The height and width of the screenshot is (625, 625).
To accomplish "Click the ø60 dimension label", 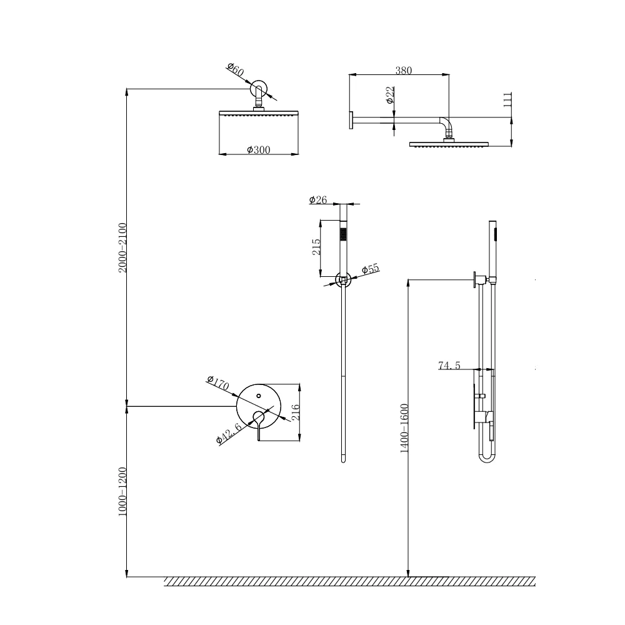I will coord(235,70).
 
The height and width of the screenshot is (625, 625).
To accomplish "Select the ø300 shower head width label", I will coord(258,150).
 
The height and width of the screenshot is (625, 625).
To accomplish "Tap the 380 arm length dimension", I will coord(404,71).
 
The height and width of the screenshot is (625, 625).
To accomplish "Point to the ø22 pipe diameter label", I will coord(389,95).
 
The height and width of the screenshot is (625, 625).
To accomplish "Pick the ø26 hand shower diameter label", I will coord(318,200).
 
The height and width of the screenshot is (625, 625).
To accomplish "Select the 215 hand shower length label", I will coord(316,247).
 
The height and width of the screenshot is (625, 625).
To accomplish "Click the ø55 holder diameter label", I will coord(371,269).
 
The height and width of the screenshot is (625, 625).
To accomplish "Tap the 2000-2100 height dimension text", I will coord(122,247).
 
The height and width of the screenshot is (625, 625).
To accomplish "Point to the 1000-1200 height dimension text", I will coord(122,491).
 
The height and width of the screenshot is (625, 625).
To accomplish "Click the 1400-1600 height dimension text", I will coord(404,428).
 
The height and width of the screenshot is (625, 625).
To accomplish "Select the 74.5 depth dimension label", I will coord(449,366).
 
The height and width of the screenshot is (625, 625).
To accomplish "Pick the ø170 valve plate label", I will coord(218,383).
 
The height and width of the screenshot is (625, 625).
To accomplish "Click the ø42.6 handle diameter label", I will coord(229,432).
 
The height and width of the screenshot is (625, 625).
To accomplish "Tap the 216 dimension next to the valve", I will coord(296,412).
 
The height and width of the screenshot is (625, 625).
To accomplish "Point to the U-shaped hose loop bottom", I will coord(487,462).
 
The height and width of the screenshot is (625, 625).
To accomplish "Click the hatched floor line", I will coord(350,581).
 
